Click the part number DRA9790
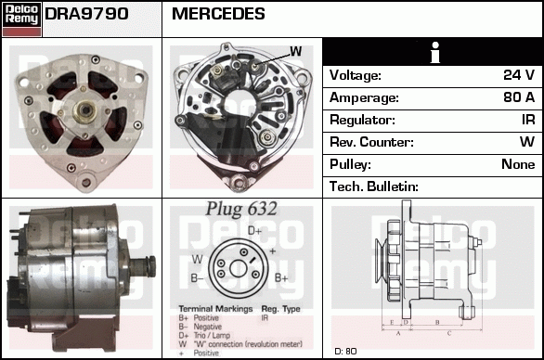(x=86, y=15)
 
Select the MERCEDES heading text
(x=218, y=15)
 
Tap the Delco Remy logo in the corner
(x=21, y=19)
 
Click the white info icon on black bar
(x=433, y=52)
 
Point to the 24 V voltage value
(x=518, y=75)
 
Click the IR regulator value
(x=527, y=120)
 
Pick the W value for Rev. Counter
(x=526, y=142)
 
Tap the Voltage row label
(x=356, y=75)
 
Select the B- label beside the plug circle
(x=198, y=277)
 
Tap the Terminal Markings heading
(x=213, y=307)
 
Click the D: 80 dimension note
(x=344, y=351)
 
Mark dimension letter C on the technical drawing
(x=448, y=331)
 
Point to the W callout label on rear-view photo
(x=295, y=51)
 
